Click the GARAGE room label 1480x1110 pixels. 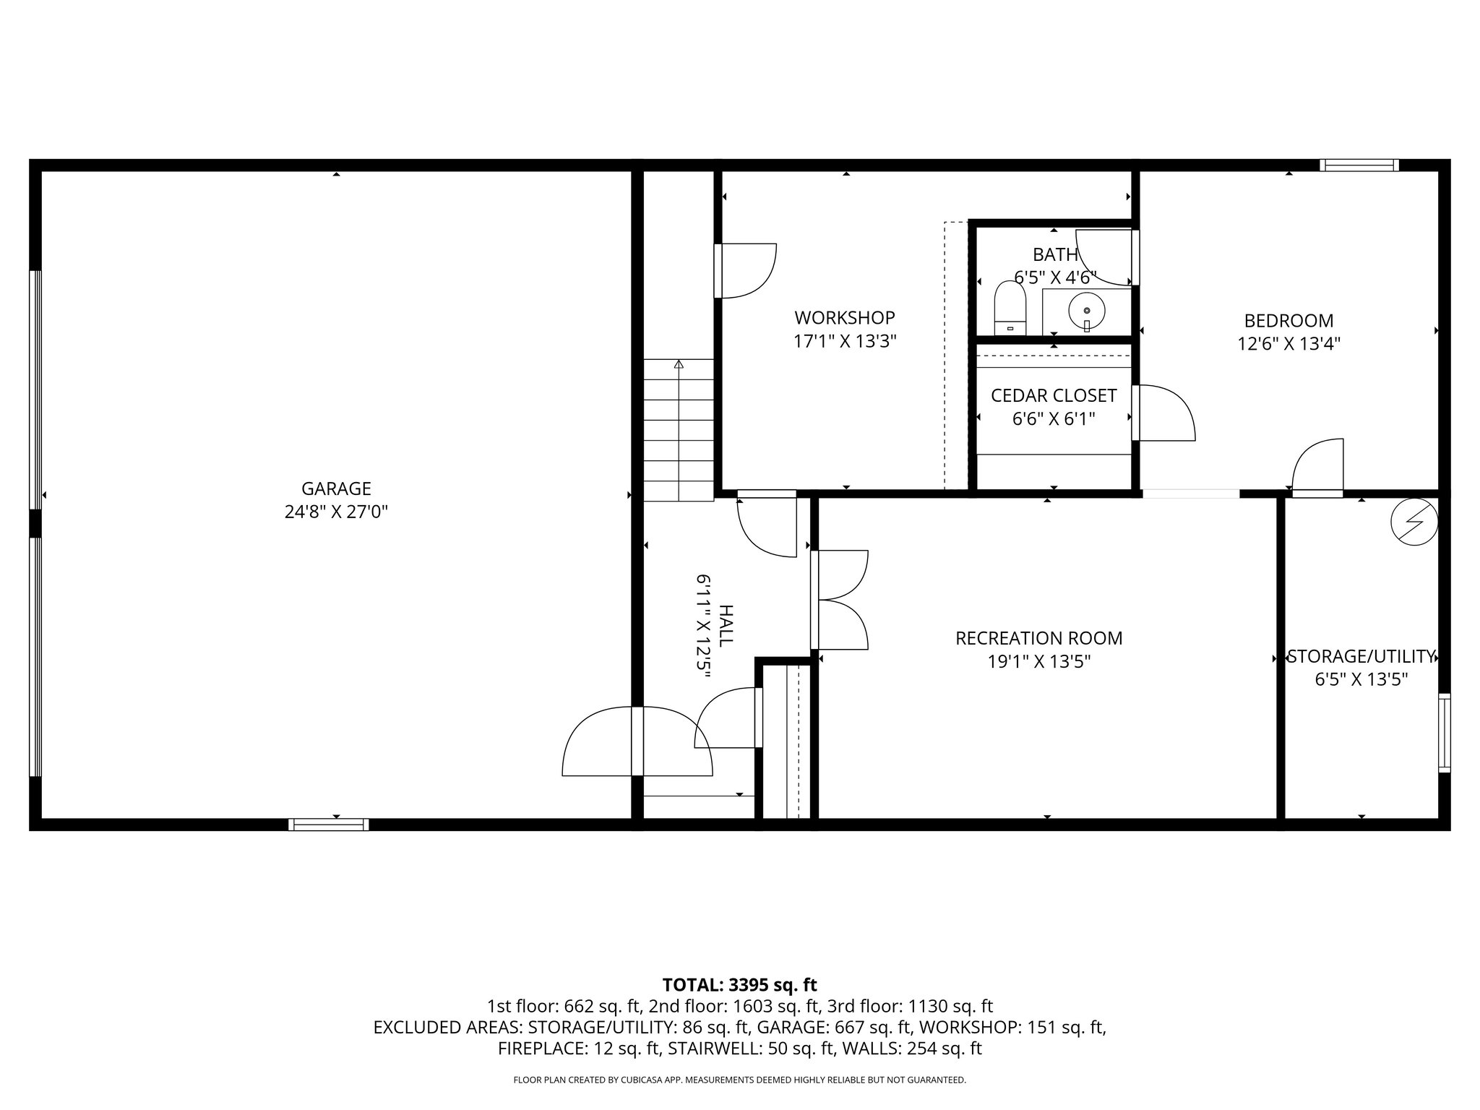(x=336, y=489)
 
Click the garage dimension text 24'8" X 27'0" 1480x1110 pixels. (x=336, y=512)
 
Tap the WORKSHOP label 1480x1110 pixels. (x=844, y=317)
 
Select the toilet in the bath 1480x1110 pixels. (x=1010, y=309)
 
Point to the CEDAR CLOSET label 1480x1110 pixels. (x=1053, y=395)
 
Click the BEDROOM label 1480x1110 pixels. (x=1288, y=320)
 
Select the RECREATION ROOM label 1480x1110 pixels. (x=1038, y=638)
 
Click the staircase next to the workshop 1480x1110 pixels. (x=679, y=430)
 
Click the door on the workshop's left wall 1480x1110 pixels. (x=744, y=271)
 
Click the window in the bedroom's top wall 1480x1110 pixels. (x=1359, y=165)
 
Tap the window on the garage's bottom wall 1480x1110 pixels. (x=328, y=825)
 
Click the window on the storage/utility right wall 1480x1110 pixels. (x=1444, y=732)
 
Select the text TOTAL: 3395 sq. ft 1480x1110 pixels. (x=739, y=984)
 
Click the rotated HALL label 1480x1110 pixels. (x=726, y=626)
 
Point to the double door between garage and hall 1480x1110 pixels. (x=637, y=741)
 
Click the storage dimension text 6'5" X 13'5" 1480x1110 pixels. (x=1361, y=679)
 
